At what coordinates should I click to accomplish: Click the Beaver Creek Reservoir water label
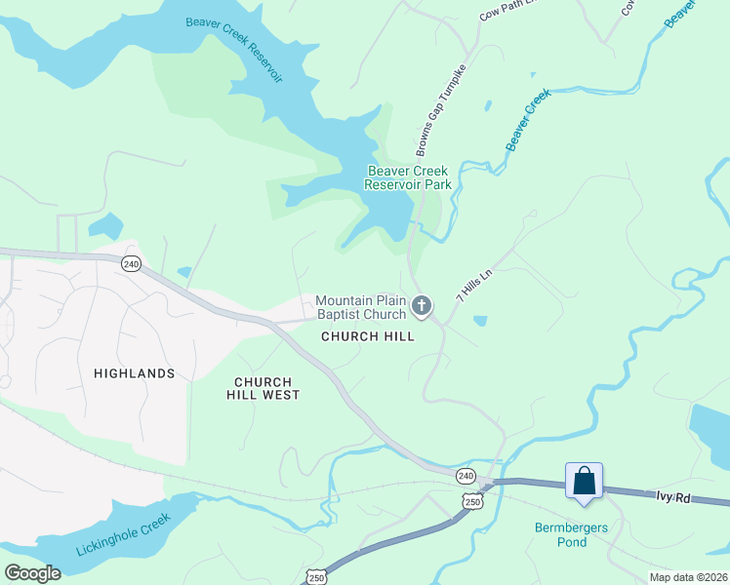pyautogui.click(x=230, y=43)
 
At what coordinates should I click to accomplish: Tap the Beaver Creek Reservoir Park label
pyautogui.click(x=409, y=176)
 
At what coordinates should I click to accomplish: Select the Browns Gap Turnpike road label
pyautogui.click(x=441, y=111)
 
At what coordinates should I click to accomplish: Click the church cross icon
pyautogui.click(x=422, y=307)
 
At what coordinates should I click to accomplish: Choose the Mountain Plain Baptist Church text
pyautogui.click(x=360, y=307)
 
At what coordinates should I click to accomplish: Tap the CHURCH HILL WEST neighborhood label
pyautogui.click(x=264, y=388)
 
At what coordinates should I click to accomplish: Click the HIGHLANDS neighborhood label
pyautogui.click(x=135, y=373)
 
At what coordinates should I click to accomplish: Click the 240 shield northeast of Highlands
pyautogui.click(x=132, y=263)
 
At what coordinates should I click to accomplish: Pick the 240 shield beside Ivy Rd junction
pyautogui.click(x=465, y=476)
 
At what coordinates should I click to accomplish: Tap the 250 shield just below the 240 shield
pyautogui.click(x=472, y=500)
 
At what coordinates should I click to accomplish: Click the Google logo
pyautogui.click(x=32, y=573)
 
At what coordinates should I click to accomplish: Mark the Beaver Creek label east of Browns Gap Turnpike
pyautogui.click(x=528, y=120)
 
